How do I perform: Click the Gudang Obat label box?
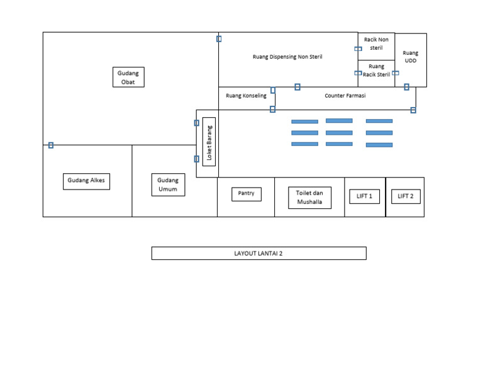(128, 77)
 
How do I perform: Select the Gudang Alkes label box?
(87, 181)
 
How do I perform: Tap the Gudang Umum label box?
(168, 185)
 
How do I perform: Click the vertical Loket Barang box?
(209, 142)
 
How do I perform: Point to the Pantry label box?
(246, 194)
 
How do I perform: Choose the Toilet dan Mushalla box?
(309, 198)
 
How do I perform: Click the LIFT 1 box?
(364, 196)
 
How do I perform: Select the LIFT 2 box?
(405, 196)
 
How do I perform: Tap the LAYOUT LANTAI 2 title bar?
(258, 253)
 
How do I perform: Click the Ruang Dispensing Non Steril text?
(287, 57)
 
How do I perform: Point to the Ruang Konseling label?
(246, 96)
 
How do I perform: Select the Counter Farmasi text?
(345, 96)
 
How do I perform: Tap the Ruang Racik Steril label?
(376, 71)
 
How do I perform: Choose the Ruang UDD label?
(410, 57)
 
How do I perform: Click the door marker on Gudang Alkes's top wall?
(51, 145)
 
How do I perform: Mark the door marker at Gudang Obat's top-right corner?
(219, 39)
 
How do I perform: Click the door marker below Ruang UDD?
(406, 87)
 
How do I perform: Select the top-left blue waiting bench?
(304, 122)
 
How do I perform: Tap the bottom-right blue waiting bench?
(379, 145)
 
